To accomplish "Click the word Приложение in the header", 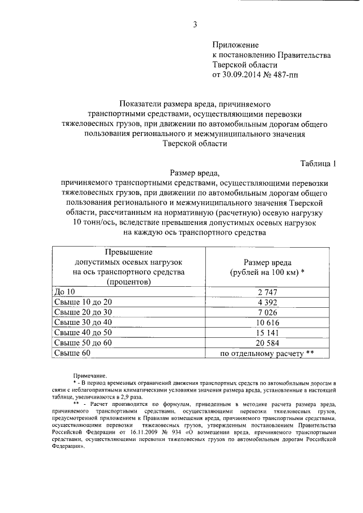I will (x=235, y=44).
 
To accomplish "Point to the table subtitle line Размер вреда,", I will (x=194, y=173).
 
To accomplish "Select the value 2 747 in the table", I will (x=266, y=292).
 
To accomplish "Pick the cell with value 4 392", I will (x=266, y=302).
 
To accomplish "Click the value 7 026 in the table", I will (x=266, y=312).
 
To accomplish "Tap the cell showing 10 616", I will (x=266, y=323).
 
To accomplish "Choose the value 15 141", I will (x=266, y=333).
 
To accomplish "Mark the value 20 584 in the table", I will (x=266, y=343).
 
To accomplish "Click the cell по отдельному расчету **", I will (x=267, y=353).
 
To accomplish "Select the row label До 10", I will (x=64, y=292).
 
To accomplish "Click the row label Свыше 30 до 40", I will (x=83, y=323).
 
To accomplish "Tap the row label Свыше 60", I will (x=72, y=353).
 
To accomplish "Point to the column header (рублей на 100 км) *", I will (x=267, y=272).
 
